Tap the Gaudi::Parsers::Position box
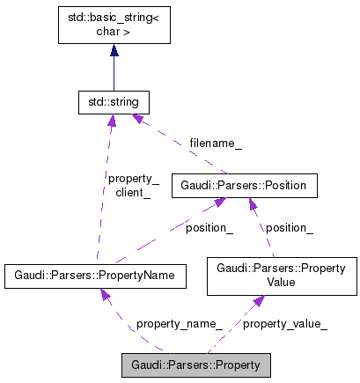242,186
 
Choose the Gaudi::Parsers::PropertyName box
100,276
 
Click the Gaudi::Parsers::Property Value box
281,276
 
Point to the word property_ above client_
133,178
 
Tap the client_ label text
133,191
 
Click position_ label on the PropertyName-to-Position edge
209,227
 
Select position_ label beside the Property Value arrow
290,227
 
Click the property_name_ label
179,324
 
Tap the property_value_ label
284,324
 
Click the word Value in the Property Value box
281,283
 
